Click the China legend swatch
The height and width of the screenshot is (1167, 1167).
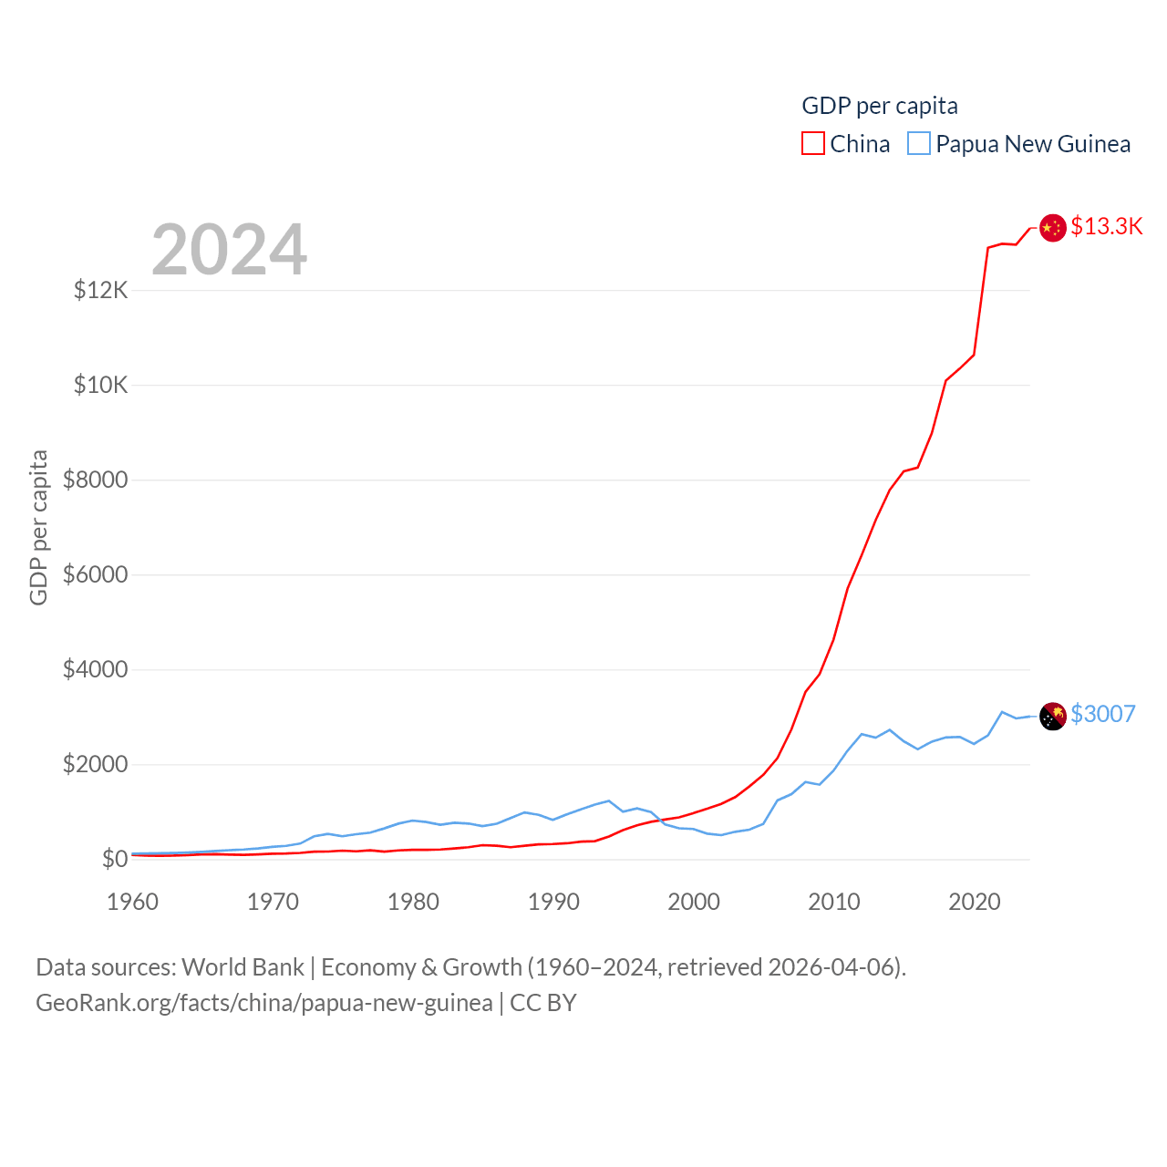pyautogui.click(x=813, y=144)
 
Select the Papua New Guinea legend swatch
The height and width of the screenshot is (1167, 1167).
pyautogui.click(x=919, y=144)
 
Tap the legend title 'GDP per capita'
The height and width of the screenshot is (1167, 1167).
pyautogui.click(x=880, y=106)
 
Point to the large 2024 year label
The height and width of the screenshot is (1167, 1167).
pyautogui.click(x=229, y=250)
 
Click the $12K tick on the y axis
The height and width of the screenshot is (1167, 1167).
pyautogui.click(x=100, y=290)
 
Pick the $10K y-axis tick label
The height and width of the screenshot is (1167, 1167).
pyautogui.click(x=100, y=385)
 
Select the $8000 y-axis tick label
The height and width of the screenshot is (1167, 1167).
pyautogui.click(x=95, y=480)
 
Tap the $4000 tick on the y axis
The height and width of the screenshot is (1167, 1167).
pyautogui.click(x=95, y=669)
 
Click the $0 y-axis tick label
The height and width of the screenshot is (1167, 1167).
pyautogui.click(x=115, y=859)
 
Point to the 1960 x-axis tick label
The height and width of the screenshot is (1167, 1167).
pyautogui.click(x=132, y=902)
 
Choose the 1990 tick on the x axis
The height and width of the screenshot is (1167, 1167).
pyautogui.click(x=553, y=902)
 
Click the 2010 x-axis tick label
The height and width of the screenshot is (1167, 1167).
pyautogui.click(x=834, y=902)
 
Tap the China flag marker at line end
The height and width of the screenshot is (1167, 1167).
pyautogui.click(x=1053, y=228)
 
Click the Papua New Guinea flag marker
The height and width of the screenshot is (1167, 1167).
pyautogui.click(x=1053, y=717)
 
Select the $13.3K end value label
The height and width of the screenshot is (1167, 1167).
pyautogui.click(x=1106, y=226)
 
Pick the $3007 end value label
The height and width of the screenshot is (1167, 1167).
pyautogui.click(x=1103, y=714)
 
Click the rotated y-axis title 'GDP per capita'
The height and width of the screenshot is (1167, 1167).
pyautogui.click(x=38, y=527)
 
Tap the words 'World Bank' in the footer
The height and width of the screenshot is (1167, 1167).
pyautogui.click(x=243, y=967)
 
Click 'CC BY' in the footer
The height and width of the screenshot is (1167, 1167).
pyautogui.click(x=543, y=1003)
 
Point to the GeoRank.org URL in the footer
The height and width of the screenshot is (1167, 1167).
pyautogui.click(x=264, y=1003)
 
